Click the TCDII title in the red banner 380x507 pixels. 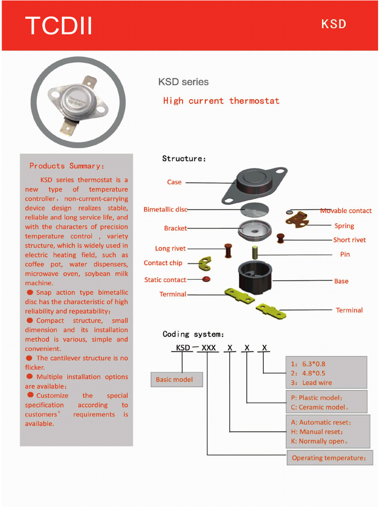pos(59,26)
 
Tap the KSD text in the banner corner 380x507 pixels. pos(333,24)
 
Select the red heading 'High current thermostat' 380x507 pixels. pos(221,101)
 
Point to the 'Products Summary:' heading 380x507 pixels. pos(67,166)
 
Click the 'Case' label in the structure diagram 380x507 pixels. pos(174,182)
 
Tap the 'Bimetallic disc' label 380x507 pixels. pos(165,209)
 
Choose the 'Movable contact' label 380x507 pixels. pos(346,211)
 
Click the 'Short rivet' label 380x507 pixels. pos(349,240)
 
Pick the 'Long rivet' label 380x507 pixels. pos(171,249)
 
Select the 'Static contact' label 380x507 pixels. pos(165,280)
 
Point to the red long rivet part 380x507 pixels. pos(229,251)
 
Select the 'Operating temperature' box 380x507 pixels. pos(329,458)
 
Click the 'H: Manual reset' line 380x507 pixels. pos(321,432)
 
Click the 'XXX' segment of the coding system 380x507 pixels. pos(209,348)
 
